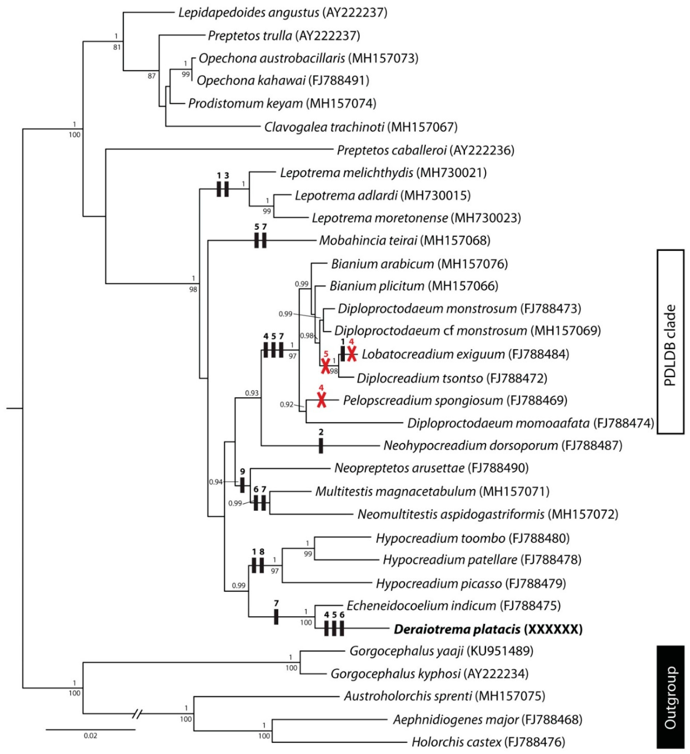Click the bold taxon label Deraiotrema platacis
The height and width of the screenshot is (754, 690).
[457, 630]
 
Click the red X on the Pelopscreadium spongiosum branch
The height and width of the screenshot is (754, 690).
[321, 400]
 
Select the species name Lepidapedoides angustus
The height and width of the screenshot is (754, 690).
[249, 13]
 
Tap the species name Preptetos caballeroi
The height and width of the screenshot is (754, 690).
[392, 150]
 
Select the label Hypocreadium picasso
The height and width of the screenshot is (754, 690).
[439, 584]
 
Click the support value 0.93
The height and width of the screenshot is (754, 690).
[251, 393]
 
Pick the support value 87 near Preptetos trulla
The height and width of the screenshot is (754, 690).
[151, 76]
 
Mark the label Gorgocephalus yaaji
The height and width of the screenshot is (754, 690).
[406, 651]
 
